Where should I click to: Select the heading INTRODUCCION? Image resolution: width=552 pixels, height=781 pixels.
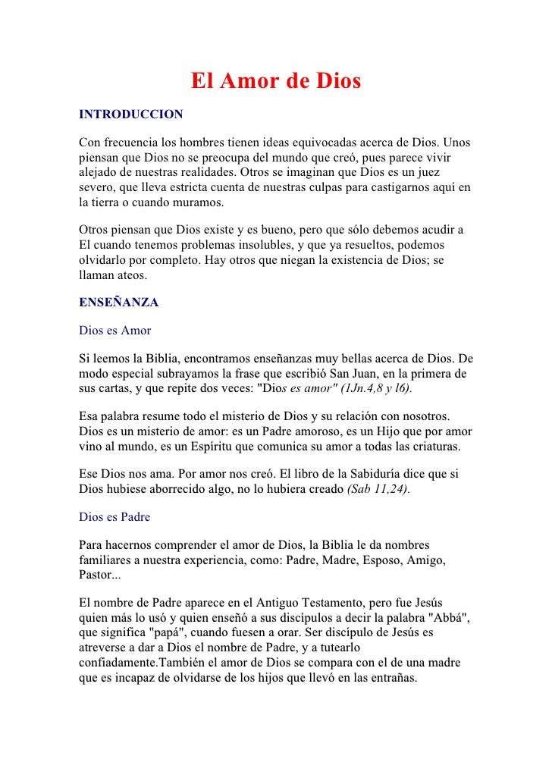click(131, 114)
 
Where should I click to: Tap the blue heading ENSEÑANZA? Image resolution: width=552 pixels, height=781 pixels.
click(118, 303)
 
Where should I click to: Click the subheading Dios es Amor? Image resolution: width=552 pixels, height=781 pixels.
click(115, 331)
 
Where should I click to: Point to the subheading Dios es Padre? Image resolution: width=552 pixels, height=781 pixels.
click(114, 517)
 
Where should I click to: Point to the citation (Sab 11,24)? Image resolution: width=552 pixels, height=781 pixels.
click(378, 489)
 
